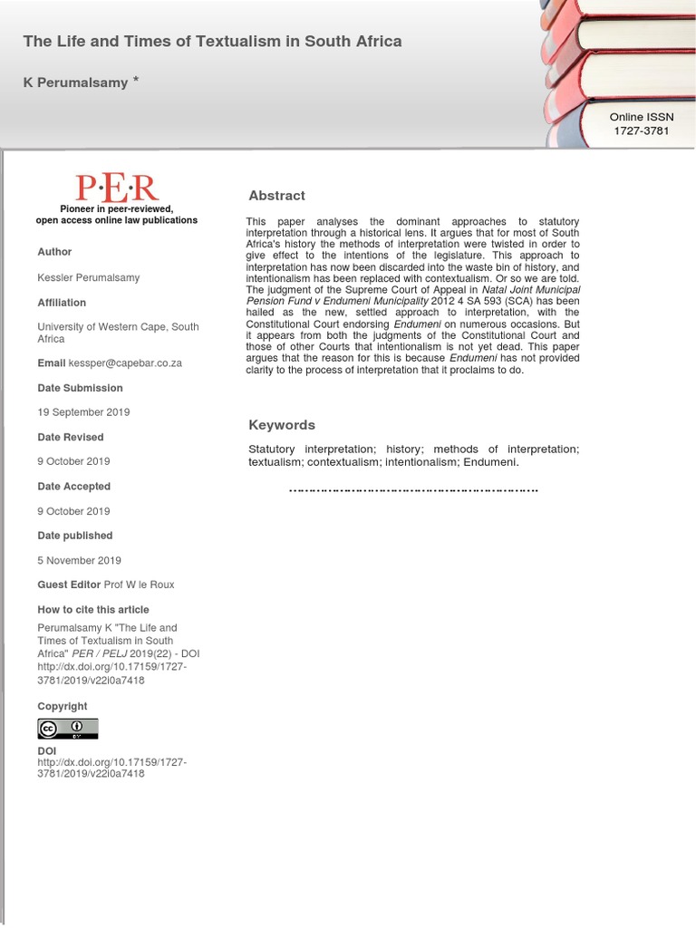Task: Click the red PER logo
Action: [117, 188]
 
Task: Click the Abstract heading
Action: [276, 196]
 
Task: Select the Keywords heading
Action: [282, 425]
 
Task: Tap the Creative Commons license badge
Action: [67, 729]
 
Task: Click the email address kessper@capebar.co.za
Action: [125, 363]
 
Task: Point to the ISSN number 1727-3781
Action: [641, 130]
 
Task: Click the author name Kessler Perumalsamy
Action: [89, 277]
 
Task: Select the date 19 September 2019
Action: [83, 412]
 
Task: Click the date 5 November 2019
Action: [79, 560]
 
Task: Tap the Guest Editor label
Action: [69, 585]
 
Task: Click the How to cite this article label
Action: [93, 610]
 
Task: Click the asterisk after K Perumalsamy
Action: [136, 81]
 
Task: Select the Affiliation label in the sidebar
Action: [62, 303]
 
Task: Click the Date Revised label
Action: [71, 437]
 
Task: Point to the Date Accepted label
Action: [74, 487]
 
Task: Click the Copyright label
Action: [63, 706]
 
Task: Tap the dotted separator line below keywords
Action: [413, 490]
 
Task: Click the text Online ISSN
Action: [641, 117]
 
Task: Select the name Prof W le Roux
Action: [140, 585]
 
